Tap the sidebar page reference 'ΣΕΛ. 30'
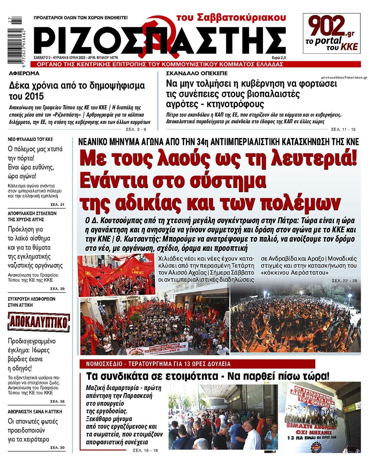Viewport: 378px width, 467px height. coord(57,448)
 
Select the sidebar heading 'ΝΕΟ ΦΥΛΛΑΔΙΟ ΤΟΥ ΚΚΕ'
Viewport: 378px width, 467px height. coord(31,139)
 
